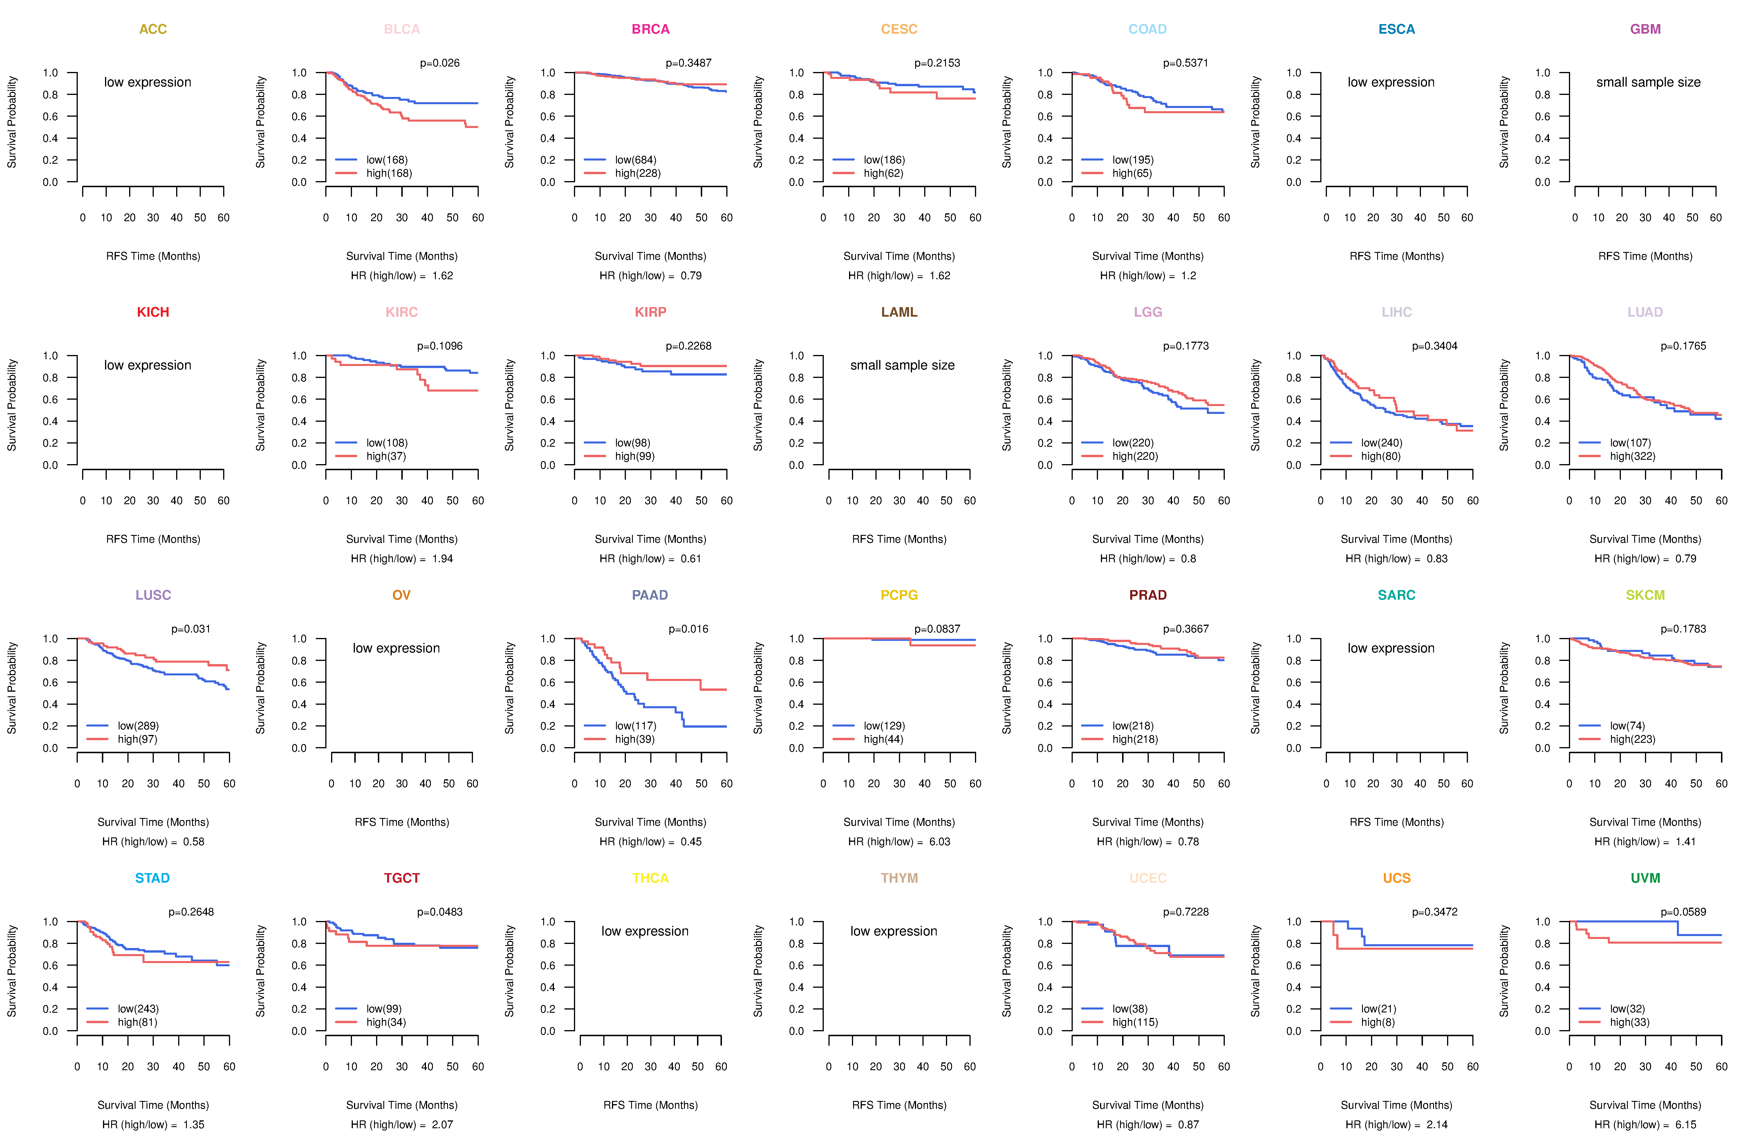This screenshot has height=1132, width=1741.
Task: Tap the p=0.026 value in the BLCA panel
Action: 440,63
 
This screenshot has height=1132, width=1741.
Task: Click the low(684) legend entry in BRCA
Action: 635,160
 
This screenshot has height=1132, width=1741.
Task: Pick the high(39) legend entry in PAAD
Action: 634,739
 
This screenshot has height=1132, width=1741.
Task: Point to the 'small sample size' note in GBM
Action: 1648,82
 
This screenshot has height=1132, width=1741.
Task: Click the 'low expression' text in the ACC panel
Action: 148,82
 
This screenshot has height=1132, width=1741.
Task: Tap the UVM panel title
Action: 1645,878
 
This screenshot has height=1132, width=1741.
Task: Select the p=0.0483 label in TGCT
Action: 440,912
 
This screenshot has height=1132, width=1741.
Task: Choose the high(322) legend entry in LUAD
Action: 1632,456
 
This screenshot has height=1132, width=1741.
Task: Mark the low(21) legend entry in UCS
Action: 1378,1008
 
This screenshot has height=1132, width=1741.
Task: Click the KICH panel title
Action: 153,312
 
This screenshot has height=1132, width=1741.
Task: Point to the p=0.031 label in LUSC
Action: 191,629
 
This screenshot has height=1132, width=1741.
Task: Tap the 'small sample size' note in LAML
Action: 902,365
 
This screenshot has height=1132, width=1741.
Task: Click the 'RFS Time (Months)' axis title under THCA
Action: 650,1105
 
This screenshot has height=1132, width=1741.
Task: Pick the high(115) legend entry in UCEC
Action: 1135,1022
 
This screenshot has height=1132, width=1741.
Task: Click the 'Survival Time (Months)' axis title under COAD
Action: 1148,256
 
